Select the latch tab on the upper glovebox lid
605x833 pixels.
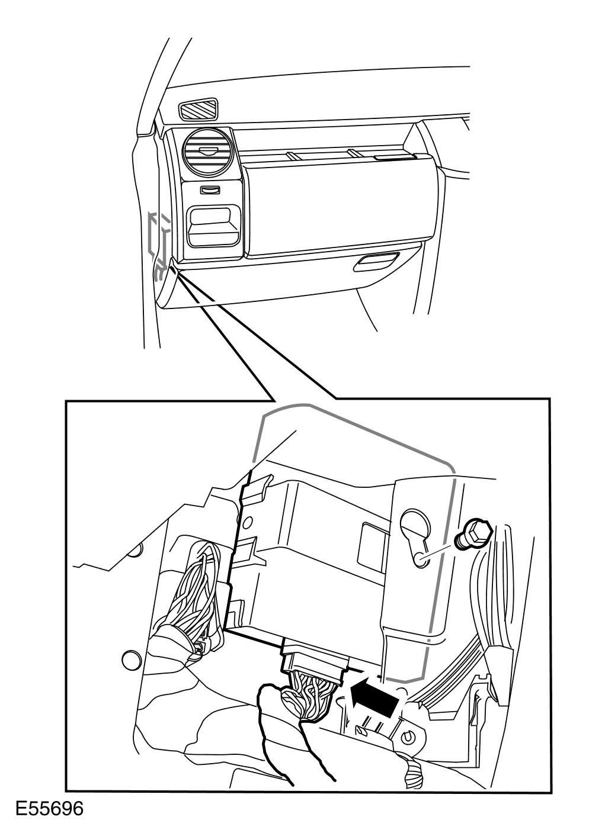(393, 157)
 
